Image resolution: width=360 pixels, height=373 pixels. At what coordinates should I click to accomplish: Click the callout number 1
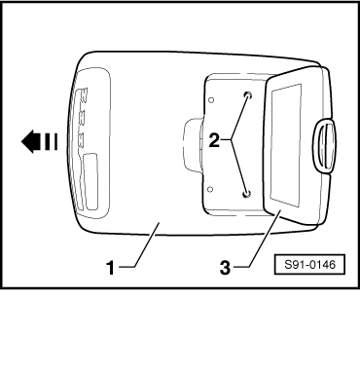111,268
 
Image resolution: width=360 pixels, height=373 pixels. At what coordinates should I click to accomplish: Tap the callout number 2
214,141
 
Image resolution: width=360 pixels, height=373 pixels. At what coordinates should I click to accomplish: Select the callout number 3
225,268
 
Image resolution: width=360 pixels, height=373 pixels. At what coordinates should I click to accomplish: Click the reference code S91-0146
309,265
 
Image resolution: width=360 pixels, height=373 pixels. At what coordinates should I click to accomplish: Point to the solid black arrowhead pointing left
28,141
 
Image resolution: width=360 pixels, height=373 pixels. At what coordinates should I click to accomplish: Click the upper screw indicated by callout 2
248,95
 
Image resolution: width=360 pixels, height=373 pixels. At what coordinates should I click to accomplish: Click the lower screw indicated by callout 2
247,194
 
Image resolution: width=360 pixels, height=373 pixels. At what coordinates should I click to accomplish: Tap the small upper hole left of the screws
211,100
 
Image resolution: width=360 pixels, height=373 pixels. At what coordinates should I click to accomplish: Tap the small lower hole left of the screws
210,189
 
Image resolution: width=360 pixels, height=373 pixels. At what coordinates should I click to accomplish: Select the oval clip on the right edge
325,145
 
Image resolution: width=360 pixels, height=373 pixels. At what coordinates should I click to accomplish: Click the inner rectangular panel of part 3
286,145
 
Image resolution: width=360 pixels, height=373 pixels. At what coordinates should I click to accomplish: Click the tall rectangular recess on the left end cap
90,181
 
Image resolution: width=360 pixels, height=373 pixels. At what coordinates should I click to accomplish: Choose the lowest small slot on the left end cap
81,139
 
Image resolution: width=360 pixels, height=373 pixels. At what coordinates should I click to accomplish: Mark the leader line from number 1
139,245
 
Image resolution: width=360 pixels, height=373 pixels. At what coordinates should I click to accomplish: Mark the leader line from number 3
257,240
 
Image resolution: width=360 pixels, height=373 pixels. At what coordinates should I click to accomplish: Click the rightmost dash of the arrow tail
55,142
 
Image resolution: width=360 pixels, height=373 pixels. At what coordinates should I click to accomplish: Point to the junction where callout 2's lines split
233,139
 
